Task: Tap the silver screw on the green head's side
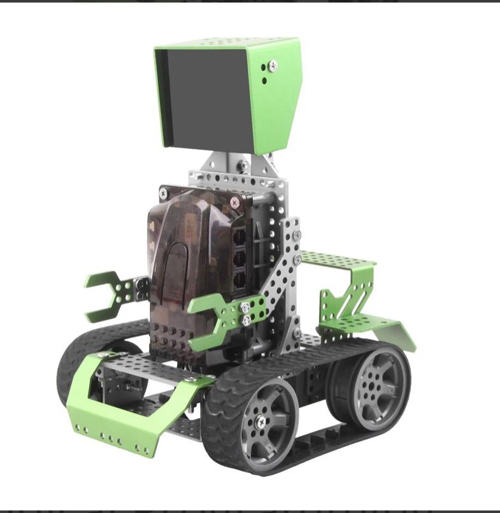click(273, 64)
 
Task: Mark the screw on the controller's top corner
click(235, 202)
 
